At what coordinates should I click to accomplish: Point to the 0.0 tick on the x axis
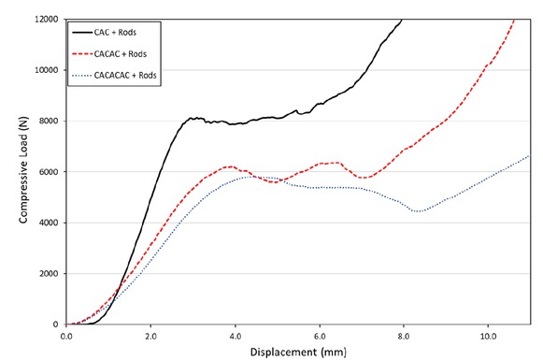[x=66, y=334]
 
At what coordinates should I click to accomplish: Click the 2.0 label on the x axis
[x=150, y=334]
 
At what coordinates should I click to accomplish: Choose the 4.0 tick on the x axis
[x=235, y=334]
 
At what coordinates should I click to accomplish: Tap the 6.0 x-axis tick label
[x=319, y=334]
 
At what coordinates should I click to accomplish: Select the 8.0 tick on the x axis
[x=403, y=334]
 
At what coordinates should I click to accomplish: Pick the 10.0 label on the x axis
[x=487, y=334]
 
